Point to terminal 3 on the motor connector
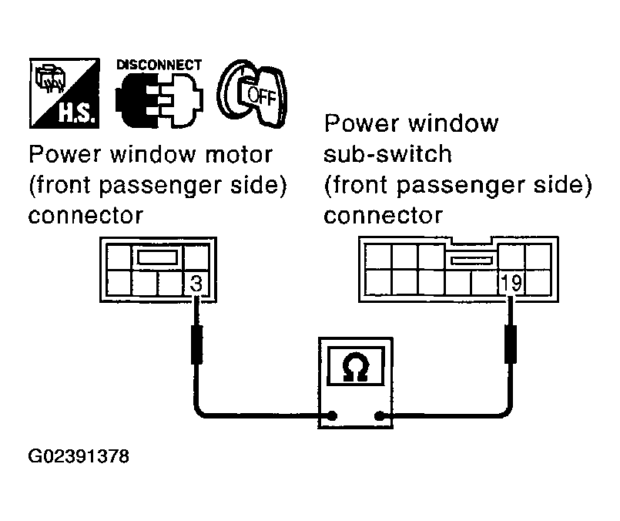click(196, 284)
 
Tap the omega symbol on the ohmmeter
click(356, 369)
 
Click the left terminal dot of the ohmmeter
click(332, 416)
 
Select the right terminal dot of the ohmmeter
click(380, 416)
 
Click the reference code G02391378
click(79, 457)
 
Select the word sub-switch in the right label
click(388, 154)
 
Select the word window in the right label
click(455, 123)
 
